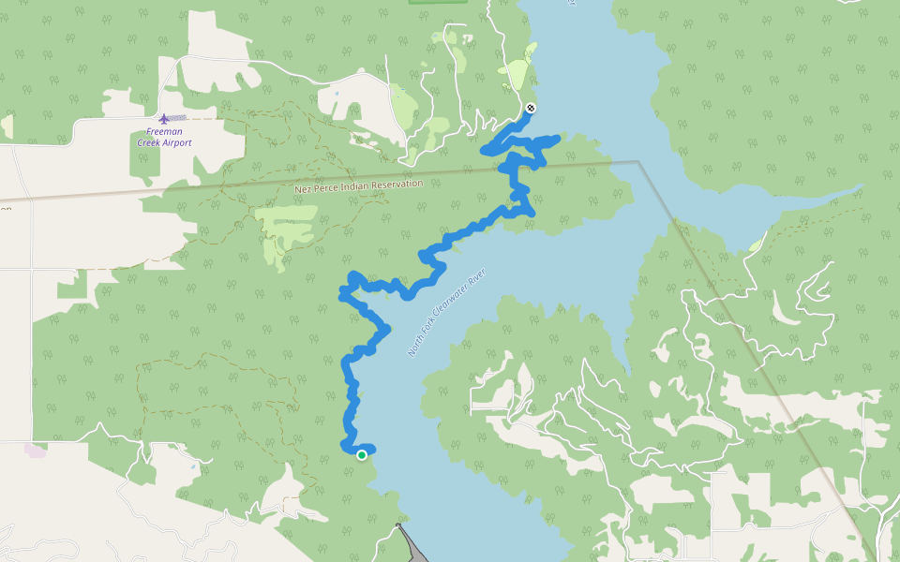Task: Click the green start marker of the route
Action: coord(362,455)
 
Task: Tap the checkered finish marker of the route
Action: coord(531,108)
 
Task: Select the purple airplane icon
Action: coord(165,118)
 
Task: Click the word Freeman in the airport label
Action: coord(164,132)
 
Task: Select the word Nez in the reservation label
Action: coord(302,189)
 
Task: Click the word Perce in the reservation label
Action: coord(324,187)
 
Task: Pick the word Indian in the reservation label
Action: coord(354,185)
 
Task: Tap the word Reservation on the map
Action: coord(397,184)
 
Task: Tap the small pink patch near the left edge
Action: coord(36,451)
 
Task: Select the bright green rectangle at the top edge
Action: coord(438,2)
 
